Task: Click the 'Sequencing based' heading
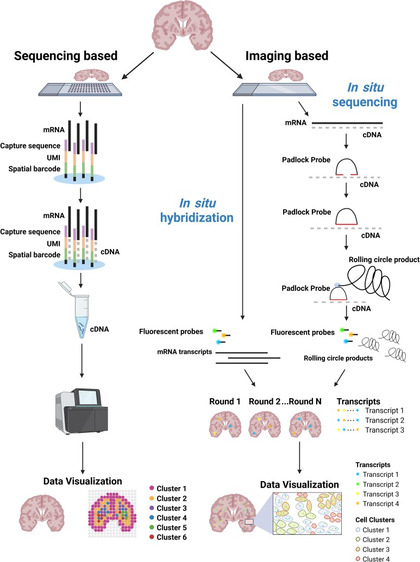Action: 66,56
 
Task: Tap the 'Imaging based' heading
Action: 287,56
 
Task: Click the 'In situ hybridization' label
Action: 197,210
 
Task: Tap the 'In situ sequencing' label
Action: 365,94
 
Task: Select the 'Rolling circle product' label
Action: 384,259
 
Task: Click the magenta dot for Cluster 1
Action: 152,488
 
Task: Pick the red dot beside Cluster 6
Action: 152,537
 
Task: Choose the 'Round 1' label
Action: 225,401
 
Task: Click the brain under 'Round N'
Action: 305,424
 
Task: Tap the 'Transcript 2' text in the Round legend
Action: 385,420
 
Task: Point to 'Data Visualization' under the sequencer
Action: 83,481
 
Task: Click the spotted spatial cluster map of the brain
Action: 112,513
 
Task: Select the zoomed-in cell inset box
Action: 308,513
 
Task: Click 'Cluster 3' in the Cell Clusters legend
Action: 376,549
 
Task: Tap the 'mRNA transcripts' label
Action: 185,352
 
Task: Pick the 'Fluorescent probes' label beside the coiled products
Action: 303,332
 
